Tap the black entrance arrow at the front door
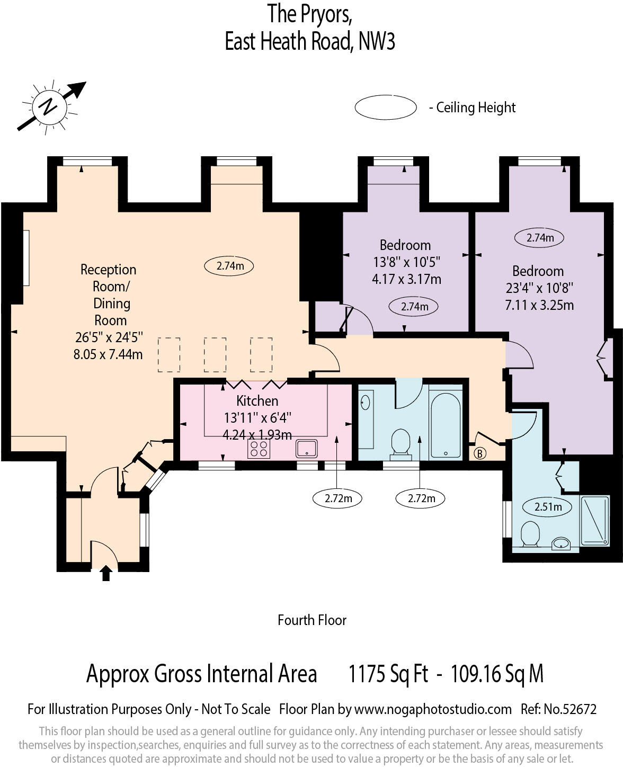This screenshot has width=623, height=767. click(x=106, y=573)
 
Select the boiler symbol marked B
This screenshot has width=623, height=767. click(x=480, y=453)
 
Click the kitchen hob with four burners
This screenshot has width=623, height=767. click(x=259, y=449)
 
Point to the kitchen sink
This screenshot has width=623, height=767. click(x=307, y=449)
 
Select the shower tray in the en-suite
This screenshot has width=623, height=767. click(x=595, y=521)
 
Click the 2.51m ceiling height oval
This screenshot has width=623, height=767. click(x=547, y=507)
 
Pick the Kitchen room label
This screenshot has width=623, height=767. click(x=257, y=400)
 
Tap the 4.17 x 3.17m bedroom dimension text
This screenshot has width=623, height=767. click(x=406, y=279)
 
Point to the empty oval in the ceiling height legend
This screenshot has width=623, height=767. click(x=386, y=108)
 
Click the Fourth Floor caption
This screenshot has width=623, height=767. click(x=311, y=620)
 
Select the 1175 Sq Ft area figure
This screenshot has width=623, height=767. click(x=388, y=674)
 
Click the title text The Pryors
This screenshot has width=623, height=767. click(x=310, y=14)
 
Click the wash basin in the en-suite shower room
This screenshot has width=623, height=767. click(x=560, y=543)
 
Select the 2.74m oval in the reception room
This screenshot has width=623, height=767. click(x=229, y=266)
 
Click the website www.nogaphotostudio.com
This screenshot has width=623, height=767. click(x=432, y=709)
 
